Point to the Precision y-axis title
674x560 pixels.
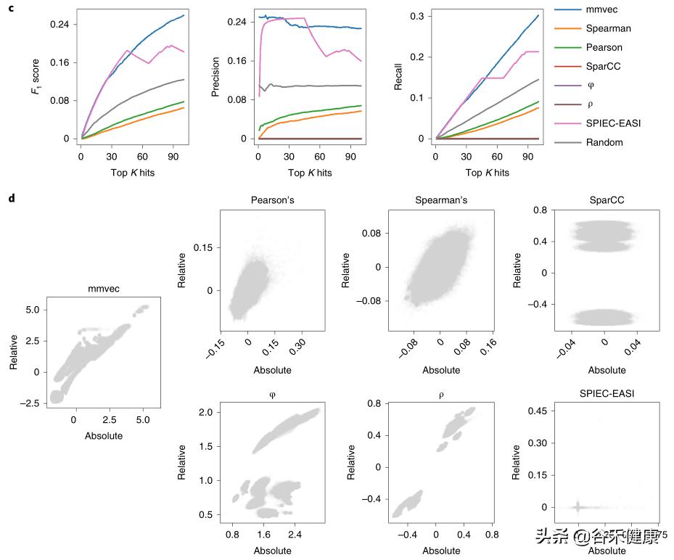215,75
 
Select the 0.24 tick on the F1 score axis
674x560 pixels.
59,24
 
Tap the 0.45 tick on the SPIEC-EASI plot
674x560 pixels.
540,411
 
